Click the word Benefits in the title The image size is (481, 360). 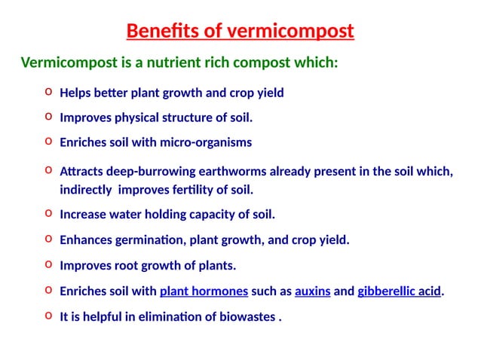[x=157, y=32]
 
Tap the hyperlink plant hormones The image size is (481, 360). [x=204, y=291]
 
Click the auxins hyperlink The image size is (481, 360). [x=312, y=291]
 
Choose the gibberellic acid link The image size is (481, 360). [x=399, y=291]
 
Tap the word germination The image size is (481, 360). [x=150, y=240]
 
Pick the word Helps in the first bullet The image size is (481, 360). [x=74, y=93]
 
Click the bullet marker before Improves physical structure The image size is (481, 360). [x=48, y=117]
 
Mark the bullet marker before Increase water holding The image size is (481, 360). [x=48, y=214]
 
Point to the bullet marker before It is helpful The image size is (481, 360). [x=48, y=316]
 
